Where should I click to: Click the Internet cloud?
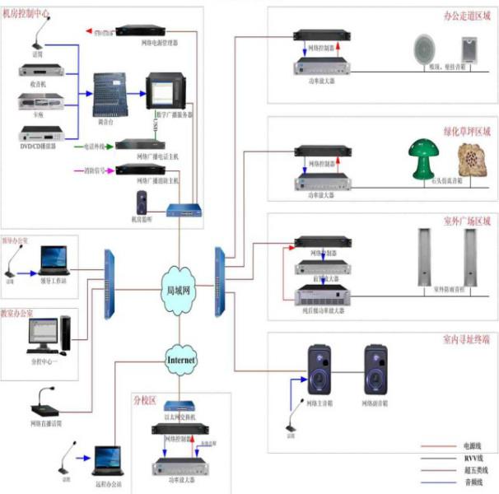coord(182,360)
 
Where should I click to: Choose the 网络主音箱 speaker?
coord(320,371)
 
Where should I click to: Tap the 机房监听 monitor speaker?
coord(142,203)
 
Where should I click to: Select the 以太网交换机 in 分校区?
coord(179,407)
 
